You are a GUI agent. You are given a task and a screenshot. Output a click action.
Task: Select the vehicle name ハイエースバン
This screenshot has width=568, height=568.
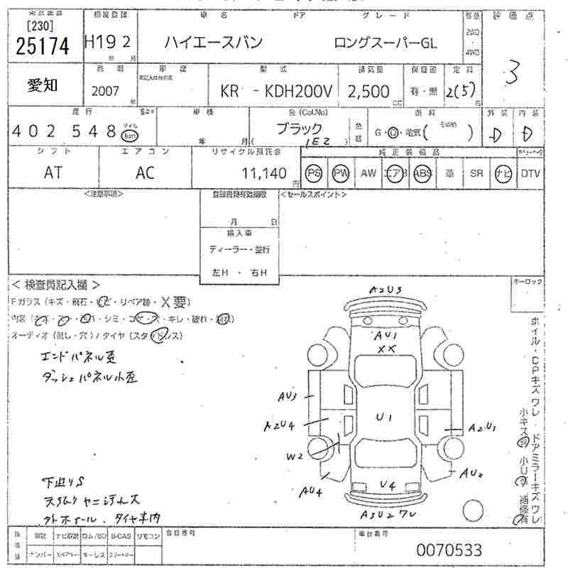pyautogui.click(x=214, y=42)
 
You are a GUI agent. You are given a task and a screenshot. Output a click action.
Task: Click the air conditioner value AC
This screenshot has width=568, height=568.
pyautogui.click(x=146, y=173)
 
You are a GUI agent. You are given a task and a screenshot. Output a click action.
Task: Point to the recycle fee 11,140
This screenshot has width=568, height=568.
pyautogui.click(x=263, y=173)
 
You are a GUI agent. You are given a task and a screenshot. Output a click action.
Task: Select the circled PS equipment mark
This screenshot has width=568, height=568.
pyautogui.click(x=314, y=173)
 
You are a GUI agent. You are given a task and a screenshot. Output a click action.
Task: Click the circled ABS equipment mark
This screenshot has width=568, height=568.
pyautogui.click(x=422, y=173)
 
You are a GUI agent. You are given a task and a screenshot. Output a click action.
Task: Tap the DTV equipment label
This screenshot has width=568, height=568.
pyautogui.click(x=530, y=173)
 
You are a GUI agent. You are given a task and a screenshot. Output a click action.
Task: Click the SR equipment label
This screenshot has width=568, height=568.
pyautogui.click(x=476, y=173)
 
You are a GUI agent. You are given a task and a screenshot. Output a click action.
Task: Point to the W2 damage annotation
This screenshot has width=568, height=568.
pyautogui.click(x=295, y=457)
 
